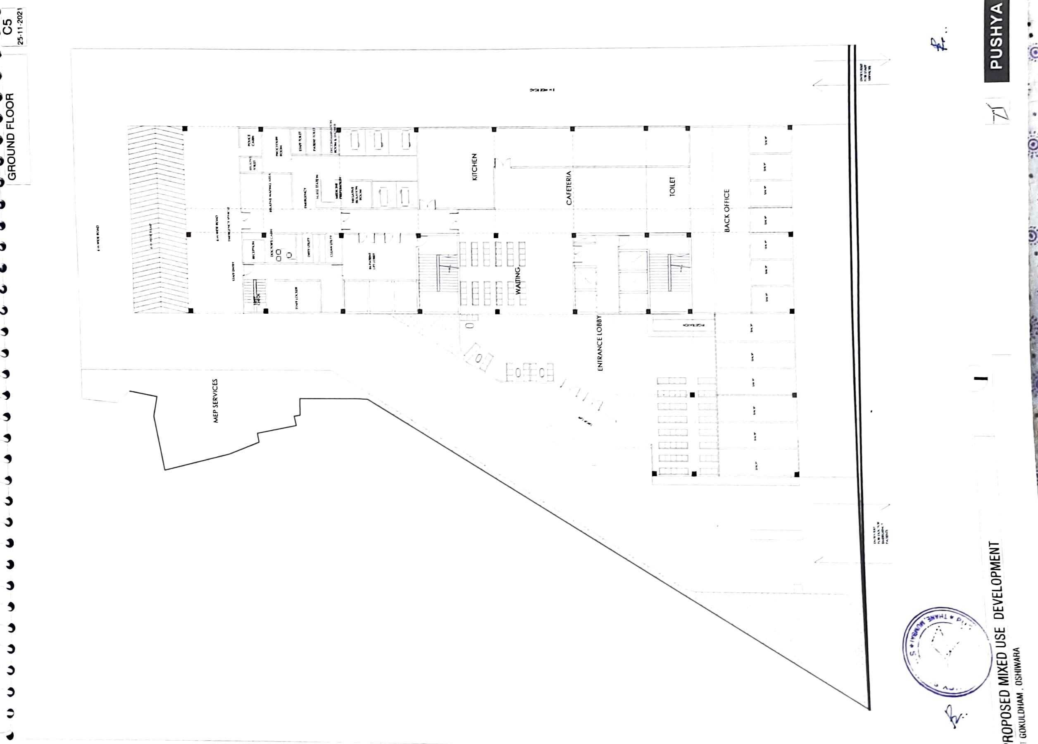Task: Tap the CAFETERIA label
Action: [569, 188]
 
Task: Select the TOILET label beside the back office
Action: [672, 187]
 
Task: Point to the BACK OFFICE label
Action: [727, 211]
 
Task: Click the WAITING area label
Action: [518, 281]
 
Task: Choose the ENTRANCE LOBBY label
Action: [600, 343]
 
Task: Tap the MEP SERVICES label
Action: [216, 401]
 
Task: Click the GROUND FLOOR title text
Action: [12, 136]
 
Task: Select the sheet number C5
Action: [7, 26]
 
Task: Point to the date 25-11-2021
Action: [21, 26]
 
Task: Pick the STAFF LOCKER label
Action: [297, 298]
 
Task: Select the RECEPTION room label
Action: [253, 250]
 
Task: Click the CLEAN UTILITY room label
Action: [331, 246]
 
